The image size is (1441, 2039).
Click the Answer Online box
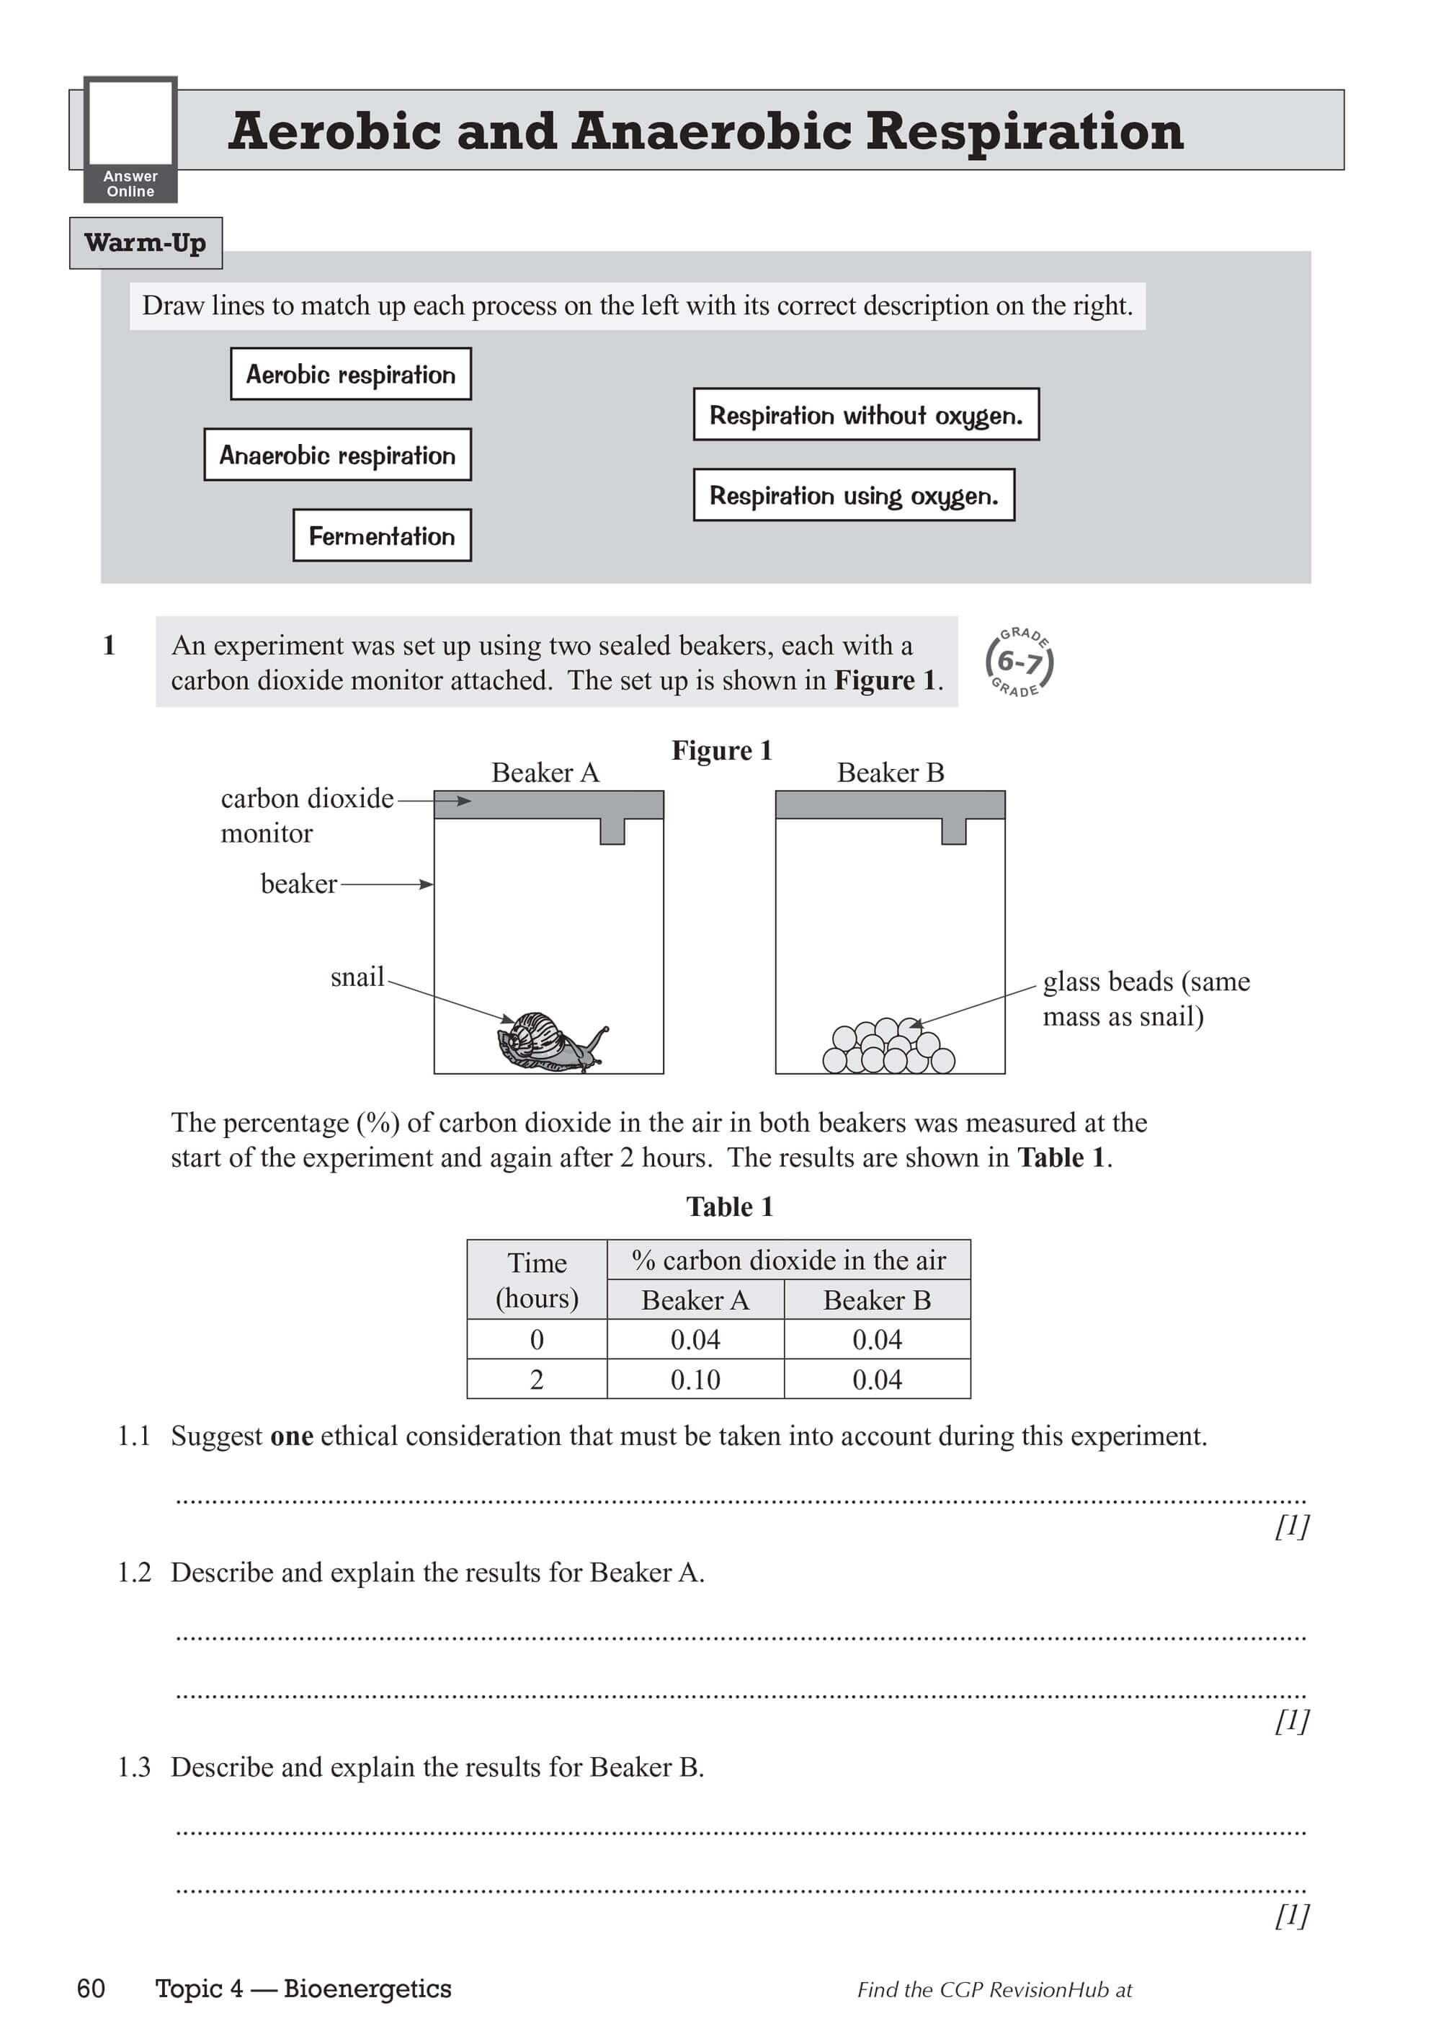tap(130, 139)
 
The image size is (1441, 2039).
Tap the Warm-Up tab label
tap(146, 242)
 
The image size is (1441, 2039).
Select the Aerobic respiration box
tap(351, 374)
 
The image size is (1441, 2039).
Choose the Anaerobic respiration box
tap(337, 455)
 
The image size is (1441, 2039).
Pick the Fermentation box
tap(382, 536)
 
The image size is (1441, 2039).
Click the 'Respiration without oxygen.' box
tap(865, 414)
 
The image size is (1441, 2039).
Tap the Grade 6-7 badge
tap(1020, 662)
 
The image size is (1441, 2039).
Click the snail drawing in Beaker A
tap(550, 1041)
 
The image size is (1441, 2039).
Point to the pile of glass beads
tap(888, 1047)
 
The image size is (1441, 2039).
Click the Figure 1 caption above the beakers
tap(721, 750)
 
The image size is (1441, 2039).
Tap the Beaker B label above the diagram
tap(890, 773)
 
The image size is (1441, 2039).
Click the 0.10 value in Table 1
tap(695, 1380)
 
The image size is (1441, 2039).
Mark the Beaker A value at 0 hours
tap(695, 1339)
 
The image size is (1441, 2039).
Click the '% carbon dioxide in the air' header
tap(788, 1260)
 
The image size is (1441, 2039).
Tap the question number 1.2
tap(134, 1573)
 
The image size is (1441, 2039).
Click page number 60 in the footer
tap(92, 1989)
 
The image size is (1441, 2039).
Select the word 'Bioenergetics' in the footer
tap(367, 1989)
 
